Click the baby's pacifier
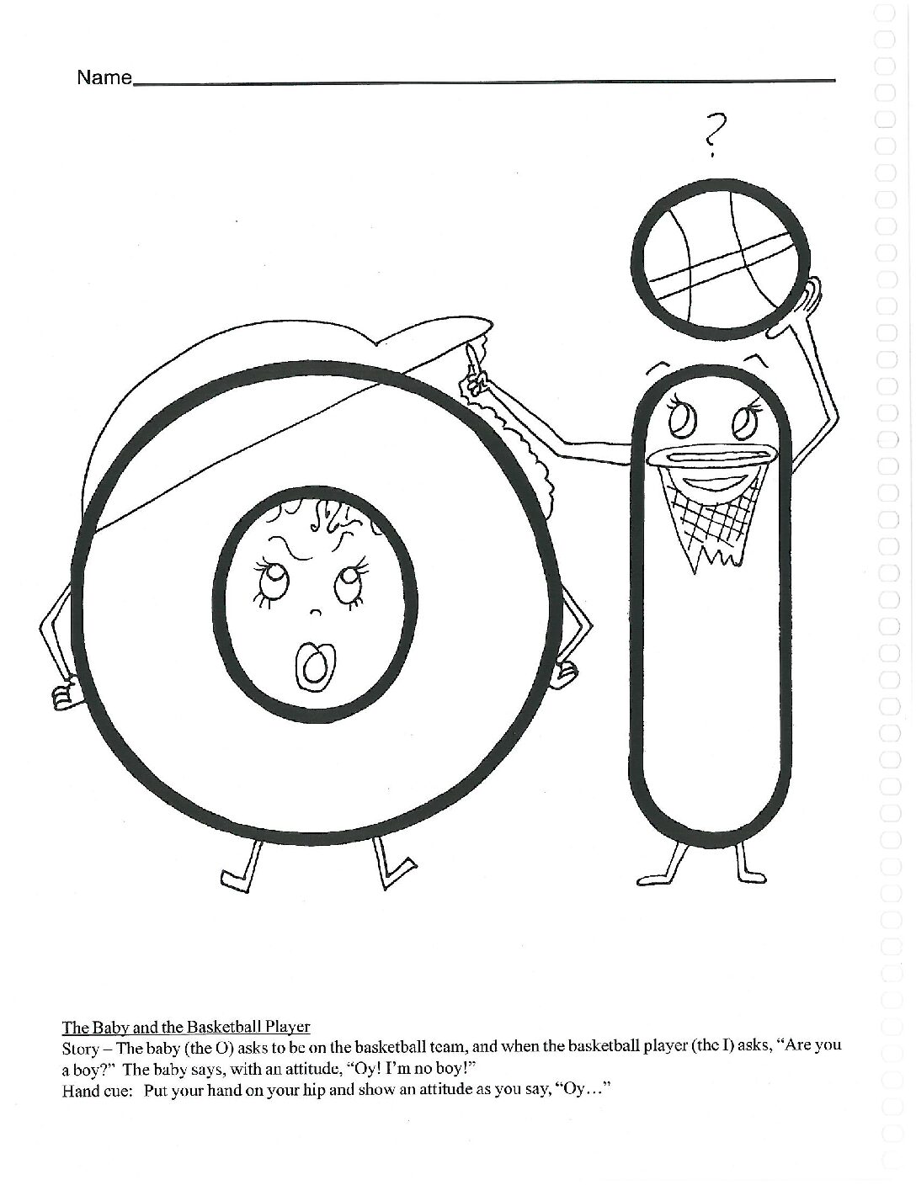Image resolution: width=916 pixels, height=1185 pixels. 312,667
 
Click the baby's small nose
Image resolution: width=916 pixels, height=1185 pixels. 315,614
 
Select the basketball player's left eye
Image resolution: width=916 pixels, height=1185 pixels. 683,419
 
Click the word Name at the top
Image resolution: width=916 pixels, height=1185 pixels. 104,78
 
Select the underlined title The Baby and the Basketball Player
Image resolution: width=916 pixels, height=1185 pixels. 185,1027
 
